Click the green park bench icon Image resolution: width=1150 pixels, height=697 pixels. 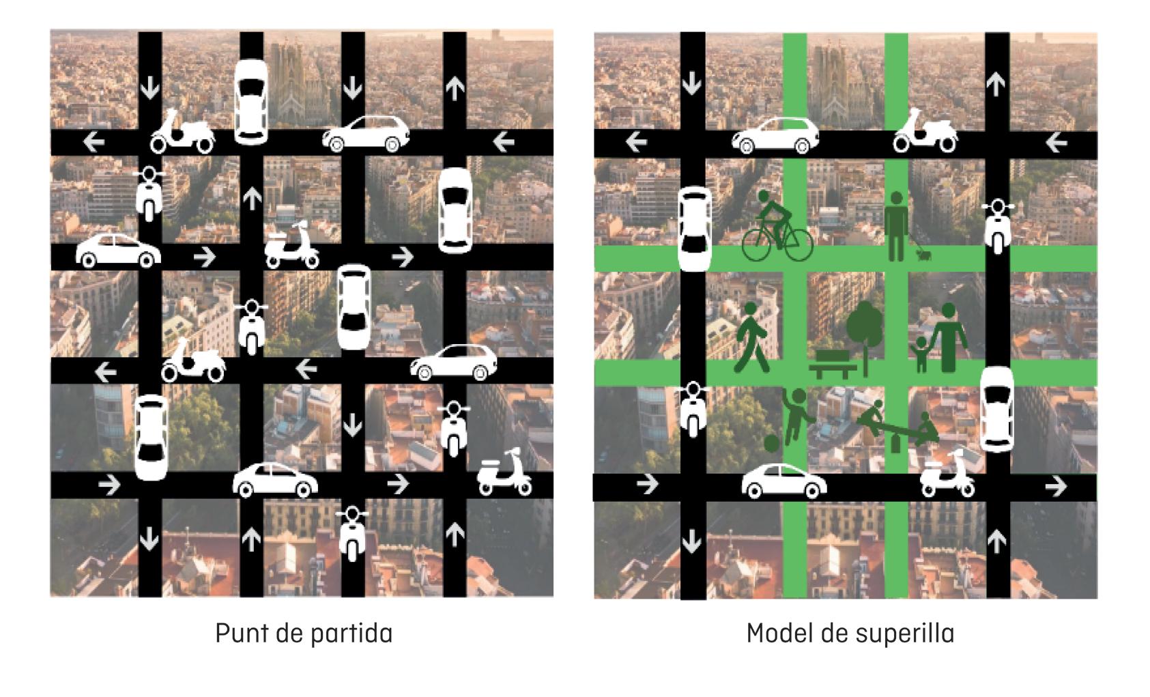[x=833, y=364]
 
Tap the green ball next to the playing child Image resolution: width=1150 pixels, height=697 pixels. [x=772, y=443]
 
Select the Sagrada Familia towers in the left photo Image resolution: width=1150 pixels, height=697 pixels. [x=293, y=79]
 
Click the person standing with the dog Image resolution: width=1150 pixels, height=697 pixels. [x=896, y=226]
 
